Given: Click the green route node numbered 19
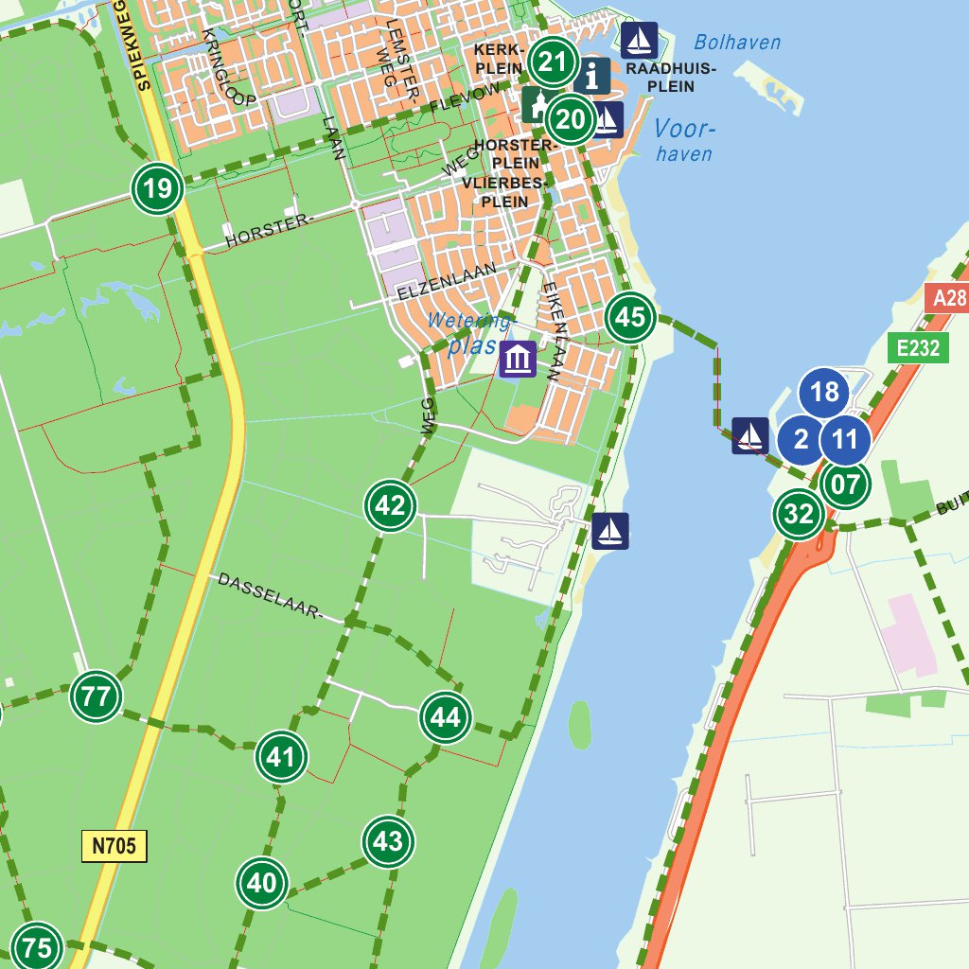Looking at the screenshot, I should pos(157,189).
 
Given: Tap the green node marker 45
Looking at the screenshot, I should pos(630,317).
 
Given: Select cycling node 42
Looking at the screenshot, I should pos(391,505).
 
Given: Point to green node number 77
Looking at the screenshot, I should pos(96,697).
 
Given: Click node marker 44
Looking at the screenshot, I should pos(446,717).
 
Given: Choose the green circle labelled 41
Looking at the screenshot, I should pos(281,756).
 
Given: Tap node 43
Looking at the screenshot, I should pos(388,840).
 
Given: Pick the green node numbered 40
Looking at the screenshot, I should pos(261,883).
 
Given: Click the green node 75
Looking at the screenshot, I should pos(37,946).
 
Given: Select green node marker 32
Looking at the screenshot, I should pos(799,514).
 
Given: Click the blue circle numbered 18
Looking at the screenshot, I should pos(824,392).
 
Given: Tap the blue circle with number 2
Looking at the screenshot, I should pos(802,440).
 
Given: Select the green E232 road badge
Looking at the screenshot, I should pos(919,348).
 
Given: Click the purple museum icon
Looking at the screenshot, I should pos(518,360).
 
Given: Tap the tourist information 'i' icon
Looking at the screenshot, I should pos(592,76).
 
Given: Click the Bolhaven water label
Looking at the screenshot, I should pos(737,43).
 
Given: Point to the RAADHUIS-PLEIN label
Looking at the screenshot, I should pos(671,78).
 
